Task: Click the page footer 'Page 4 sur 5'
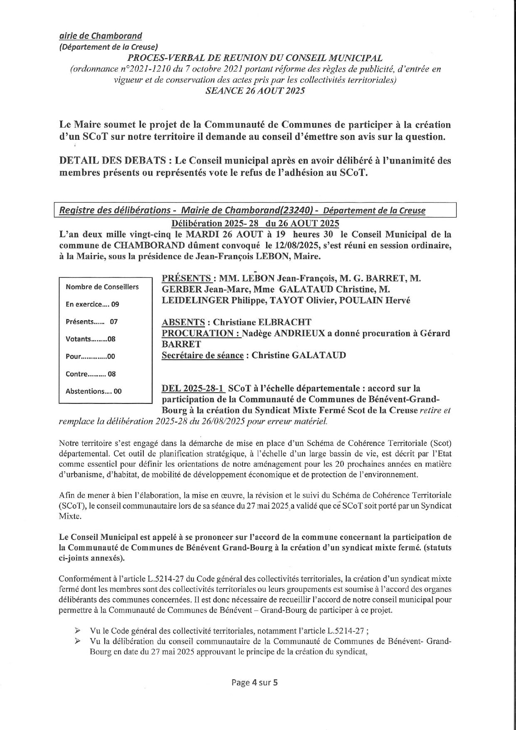click(x=254, y=682)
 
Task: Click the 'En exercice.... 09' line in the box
click(x=92, y=304)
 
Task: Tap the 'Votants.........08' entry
click(x=90, y=339)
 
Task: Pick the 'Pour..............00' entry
click(x=90, y=356)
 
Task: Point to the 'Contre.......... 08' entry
click(x=91, y=374)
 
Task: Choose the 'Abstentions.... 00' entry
click(x=94, y=391)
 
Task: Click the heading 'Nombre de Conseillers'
click(x=102, y=287)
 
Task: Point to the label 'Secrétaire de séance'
click(x=202, y=355)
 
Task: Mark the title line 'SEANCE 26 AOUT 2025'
click(x=255, y=91)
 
